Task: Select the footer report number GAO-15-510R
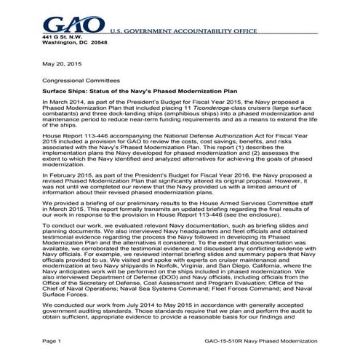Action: click(x=244, y=341)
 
